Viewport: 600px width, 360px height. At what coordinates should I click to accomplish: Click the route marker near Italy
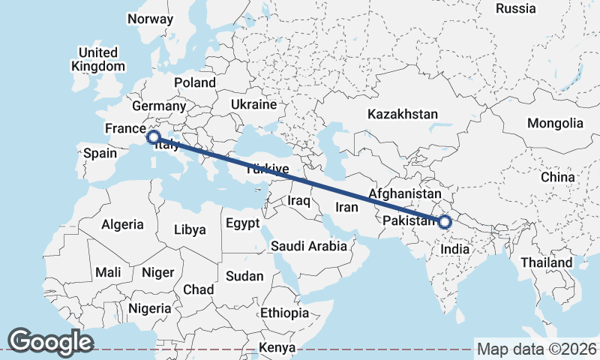coord(153,137)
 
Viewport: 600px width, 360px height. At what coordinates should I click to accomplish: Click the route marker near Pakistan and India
coord(445,222)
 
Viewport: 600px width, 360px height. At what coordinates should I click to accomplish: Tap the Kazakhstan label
coord(402,115)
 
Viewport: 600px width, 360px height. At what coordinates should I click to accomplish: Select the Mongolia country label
coord(555,123)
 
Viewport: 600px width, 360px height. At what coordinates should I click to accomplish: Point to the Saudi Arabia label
coord(309,246)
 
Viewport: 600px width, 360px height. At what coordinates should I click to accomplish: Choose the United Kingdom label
coord(97,59)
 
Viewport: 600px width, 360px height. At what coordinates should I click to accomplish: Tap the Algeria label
coord(122,224)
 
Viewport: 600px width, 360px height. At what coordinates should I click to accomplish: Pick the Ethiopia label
coord(284,313)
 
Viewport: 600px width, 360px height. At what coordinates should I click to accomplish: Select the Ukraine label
coord(253,104)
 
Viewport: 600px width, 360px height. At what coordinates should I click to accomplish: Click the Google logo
coord(50,341)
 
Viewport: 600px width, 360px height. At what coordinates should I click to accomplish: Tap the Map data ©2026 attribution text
coord(537,349)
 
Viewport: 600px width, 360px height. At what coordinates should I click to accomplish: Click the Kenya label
coord(277,348)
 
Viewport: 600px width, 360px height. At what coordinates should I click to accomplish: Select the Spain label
coord(100,153)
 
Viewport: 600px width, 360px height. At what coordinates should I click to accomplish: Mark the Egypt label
coord(242,223)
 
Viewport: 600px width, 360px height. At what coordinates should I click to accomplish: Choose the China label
coord(557,177)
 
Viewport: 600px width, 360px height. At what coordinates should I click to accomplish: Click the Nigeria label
coord(150,308)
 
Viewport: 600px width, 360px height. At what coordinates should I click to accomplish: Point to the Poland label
coord(194,82)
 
